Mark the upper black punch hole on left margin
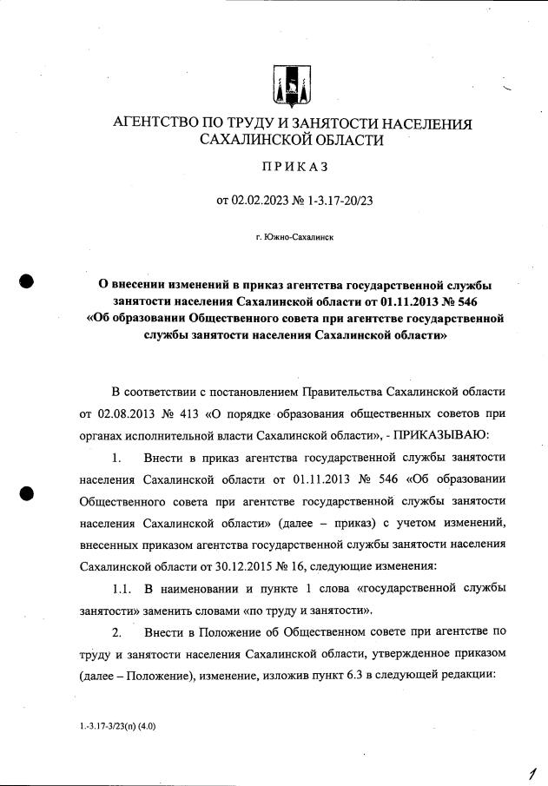click(x=27, y=281)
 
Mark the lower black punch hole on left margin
click(x=27, y=493)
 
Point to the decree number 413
click(x=199, y=413)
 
